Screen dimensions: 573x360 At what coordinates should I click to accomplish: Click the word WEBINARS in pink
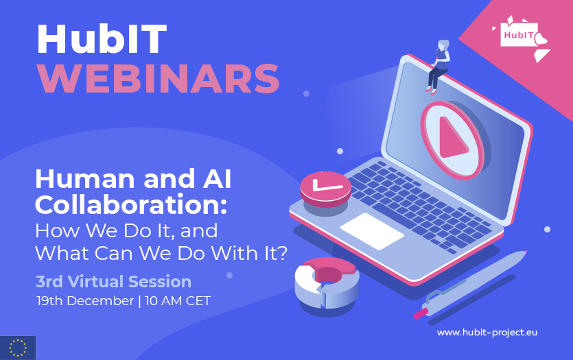[x=159, y=79]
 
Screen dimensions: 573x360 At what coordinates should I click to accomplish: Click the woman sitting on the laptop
[x=439, y=67]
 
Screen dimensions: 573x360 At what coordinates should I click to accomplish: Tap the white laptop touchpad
[x=372, y=232]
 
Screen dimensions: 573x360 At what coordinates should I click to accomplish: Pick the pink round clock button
[x=325, y=189]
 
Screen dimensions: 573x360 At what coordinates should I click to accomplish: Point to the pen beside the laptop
[x=471, y=284]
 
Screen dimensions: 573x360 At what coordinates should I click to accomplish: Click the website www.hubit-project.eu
[x=487, y=333]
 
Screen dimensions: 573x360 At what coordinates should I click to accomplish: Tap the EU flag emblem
[x=18, y=348]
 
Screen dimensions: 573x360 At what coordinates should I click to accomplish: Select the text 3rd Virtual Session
[x=114, y=282]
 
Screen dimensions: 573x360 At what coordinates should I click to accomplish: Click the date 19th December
[x=85, y=301]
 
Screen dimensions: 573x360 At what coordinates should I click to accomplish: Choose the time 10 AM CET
[x=178, y=301]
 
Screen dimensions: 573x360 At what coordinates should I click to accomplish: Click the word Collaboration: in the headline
[x=131, y=205]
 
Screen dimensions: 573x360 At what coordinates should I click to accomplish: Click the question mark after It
[x=282, y=253]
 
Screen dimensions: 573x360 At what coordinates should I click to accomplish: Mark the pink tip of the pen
[x=420, y=313]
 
